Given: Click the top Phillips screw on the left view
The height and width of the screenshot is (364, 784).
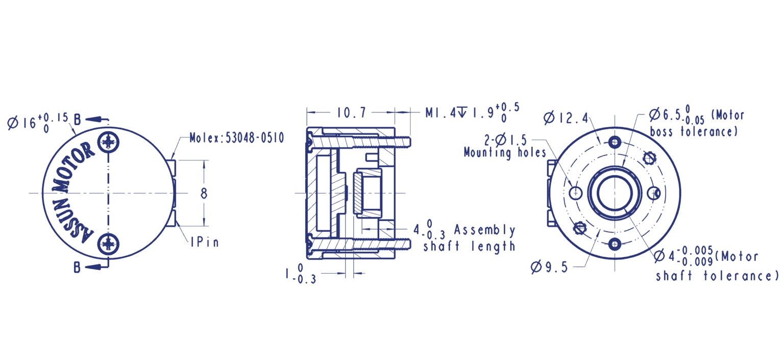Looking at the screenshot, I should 109,141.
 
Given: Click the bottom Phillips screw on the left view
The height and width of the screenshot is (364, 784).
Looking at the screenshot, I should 109,244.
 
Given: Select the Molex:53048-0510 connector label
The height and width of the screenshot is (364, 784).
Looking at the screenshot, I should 237,138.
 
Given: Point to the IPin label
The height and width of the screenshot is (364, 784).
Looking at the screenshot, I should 205,242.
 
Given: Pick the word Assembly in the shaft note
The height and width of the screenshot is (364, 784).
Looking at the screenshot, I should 484,230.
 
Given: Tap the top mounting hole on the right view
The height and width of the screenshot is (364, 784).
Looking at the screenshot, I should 615,142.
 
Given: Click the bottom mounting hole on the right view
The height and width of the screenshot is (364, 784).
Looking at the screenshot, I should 615,244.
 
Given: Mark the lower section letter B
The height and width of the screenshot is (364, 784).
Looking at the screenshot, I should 78,266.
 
